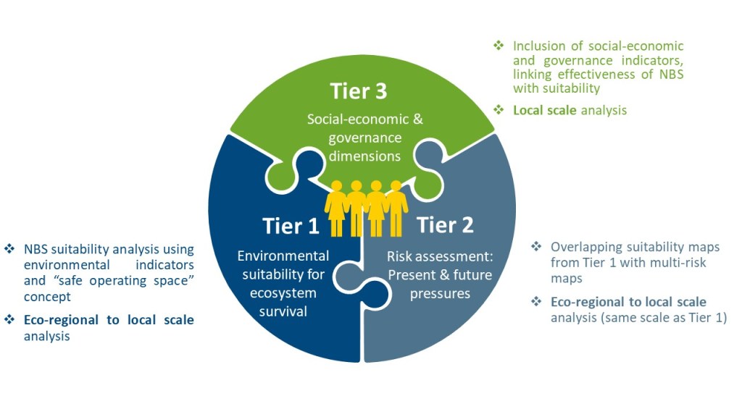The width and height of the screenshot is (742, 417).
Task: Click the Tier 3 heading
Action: (x=359, y=92)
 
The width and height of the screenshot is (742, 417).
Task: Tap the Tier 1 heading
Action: (x=291, y=226)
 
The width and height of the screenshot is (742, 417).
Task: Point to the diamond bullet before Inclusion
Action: (x=498, y=46)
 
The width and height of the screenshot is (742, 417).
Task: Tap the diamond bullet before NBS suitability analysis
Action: (x=9, y=249)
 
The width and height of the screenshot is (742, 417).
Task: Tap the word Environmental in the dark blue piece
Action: (x=283, y=256)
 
